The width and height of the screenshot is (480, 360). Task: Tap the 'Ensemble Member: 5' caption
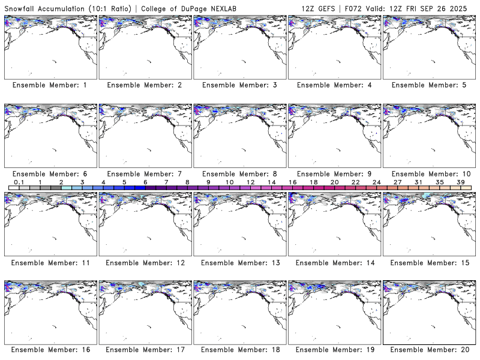pyautogui.click(x=428, y=85)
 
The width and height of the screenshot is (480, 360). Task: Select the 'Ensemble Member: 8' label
pyautogui.click(x=239, y=174)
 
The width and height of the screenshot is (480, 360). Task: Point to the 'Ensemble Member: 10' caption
pyautogui.click(x=428, y=174)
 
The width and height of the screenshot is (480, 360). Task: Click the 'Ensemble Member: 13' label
pyautogui.click(x=239, y=263)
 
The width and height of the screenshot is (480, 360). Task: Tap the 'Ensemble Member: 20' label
pyautogui.click(x=428, y=349)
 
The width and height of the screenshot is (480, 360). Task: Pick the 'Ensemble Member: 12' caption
pyautogui.click(x=145, y=263)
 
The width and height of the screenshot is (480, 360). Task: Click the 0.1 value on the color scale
pyautogui.click(x=19, y=182)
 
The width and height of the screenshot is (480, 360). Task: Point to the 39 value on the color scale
pyautogui.click(x=461, y=182)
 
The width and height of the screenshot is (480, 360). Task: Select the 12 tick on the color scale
pyautogui.click(x=250, y=182)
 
